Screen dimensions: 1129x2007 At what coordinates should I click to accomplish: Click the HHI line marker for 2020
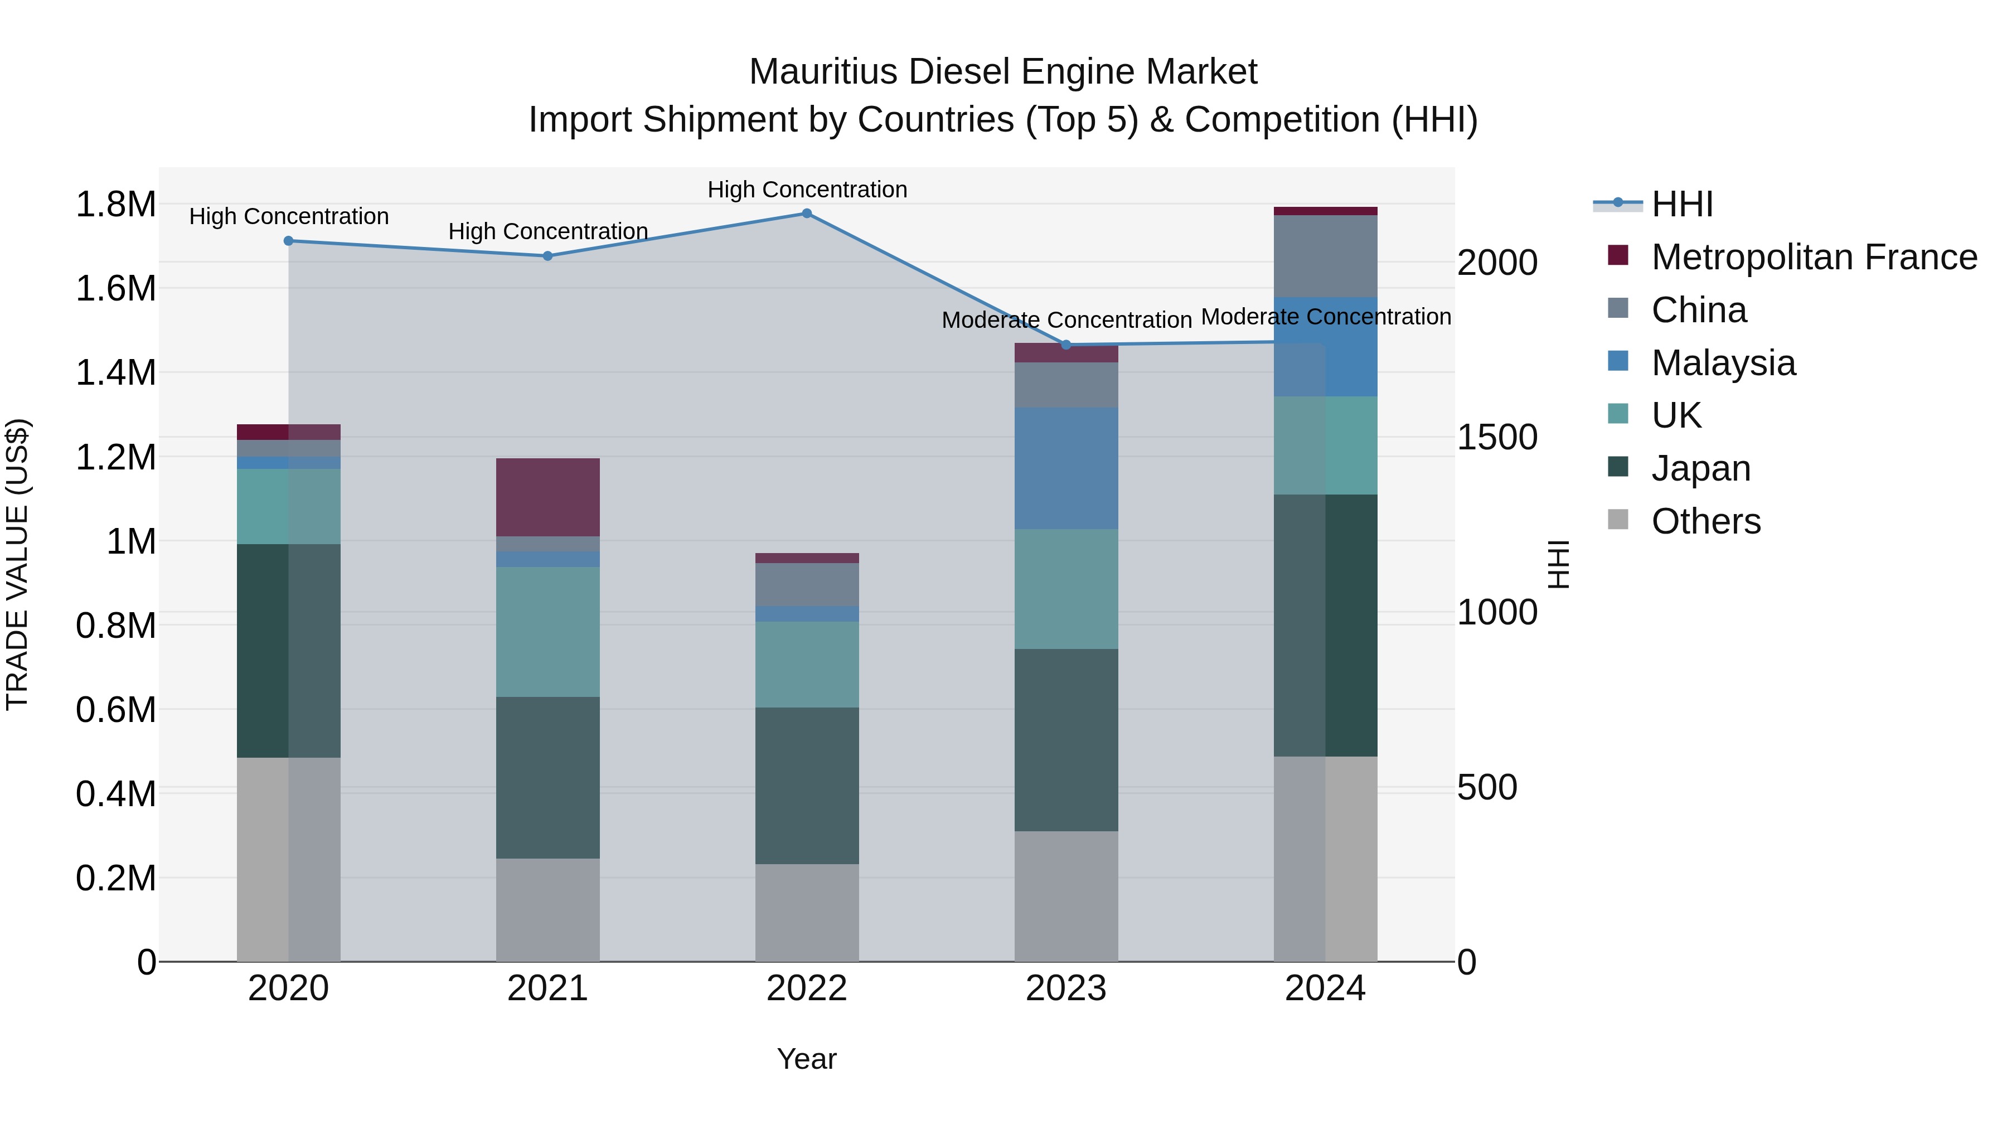point(288,241)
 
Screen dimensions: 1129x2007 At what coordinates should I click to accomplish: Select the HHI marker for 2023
point(1066,345)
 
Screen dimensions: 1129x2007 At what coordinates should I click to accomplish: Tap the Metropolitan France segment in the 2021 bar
point(547,497)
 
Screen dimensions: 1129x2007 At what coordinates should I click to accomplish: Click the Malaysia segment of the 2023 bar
point(1066,468)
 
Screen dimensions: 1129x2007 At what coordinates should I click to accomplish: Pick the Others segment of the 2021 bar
point(547,909)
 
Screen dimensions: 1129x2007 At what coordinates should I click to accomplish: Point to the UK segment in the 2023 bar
point(1066,589)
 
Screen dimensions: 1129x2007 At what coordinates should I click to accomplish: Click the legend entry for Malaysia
point(1723,363)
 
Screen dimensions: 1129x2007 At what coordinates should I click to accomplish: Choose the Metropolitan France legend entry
point(1813,257)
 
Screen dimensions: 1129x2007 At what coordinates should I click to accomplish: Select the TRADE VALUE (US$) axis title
point(17,564)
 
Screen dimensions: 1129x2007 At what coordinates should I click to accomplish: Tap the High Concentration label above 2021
point(547,231)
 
